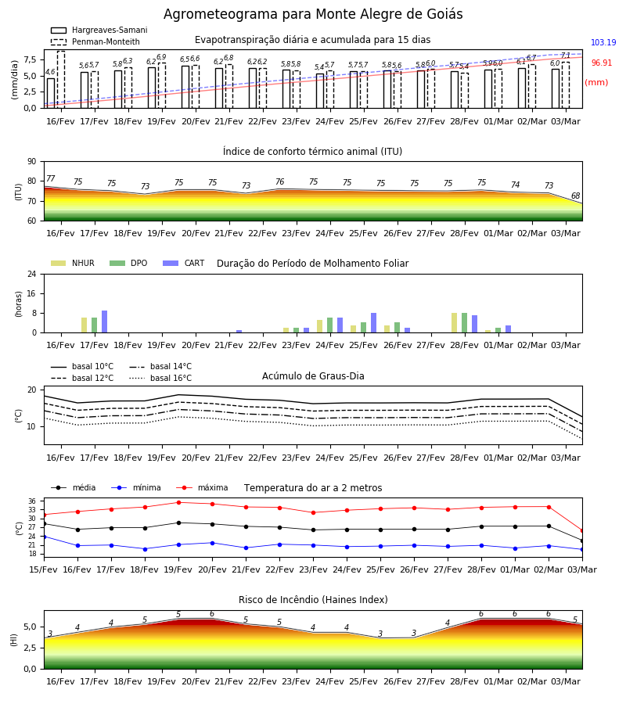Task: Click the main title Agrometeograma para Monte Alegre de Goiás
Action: (313, 14)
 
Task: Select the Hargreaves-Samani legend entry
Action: (99, 30)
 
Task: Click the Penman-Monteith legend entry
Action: (95, 41)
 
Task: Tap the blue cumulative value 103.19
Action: (603, 43)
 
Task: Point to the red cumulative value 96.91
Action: (601, 63)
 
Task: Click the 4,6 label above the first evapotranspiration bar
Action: (50, 72)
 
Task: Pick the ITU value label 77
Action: (51, 178)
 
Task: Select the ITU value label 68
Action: (575, 196)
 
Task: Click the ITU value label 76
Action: (280, 181)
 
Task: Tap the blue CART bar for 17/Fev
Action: (105, 321)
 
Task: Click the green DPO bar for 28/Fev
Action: (464, 323)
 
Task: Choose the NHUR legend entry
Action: (73, 263)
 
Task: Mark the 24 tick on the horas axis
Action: (32, 274)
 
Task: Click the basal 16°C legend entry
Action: (160, 378)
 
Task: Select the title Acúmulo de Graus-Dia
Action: (313, 375)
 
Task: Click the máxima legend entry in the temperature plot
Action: (202, 487)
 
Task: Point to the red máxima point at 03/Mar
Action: (582, 530)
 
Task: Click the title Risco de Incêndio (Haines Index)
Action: (313, 599)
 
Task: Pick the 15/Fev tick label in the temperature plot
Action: (44, 569)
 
